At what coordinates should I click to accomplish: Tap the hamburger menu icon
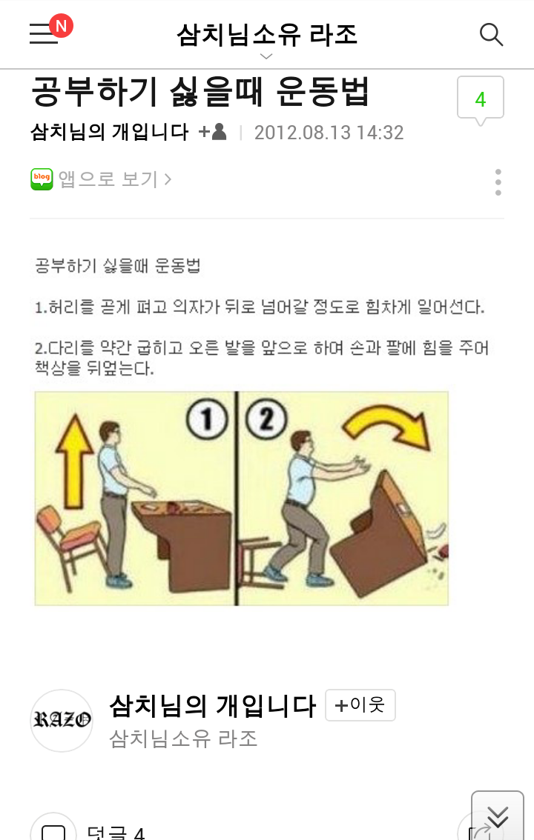[x=44, y=35]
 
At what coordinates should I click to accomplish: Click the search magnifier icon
[x=491, y=34]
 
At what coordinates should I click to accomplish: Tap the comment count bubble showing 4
[x=480, y=99]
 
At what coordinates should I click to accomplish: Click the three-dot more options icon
[x=498, y=181]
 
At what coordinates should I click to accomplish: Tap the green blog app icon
[x=42, y=179]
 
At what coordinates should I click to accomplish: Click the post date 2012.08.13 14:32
[x=329, y=133]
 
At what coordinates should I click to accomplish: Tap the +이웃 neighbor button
[x=360, y=705]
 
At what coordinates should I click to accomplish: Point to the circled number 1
[x=207, y=420]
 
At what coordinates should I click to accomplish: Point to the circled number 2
[x=266, y=420]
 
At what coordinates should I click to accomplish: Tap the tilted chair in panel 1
[x=69, y=541]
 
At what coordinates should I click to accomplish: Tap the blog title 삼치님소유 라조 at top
[x=267, y=34]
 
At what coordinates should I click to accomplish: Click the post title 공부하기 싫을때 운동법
[x=200, y=92]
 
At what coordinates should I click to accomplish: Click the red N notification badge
[x=61, y=27]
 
